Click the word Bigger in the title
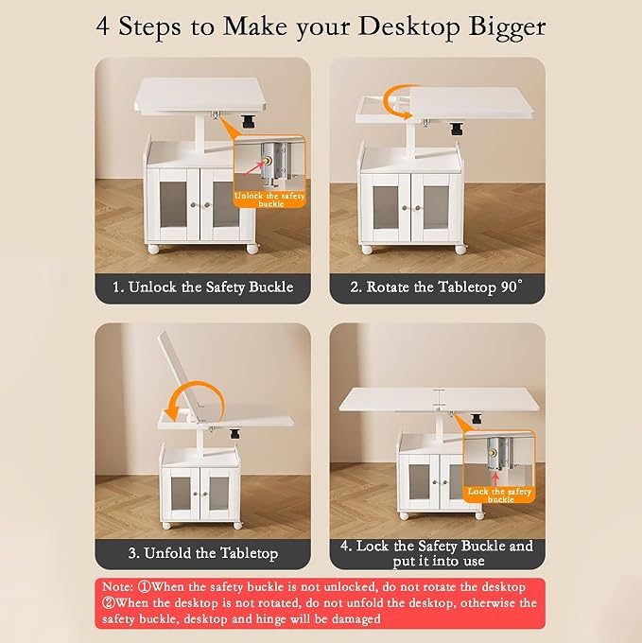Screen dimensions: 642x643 (507, 27)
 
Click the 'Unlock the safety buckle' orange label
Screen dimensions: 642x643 (269, 200)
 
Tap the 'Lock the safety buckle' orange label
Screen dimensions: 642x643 (499, 495)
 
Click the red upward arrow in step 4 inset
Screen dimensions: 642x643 (495, 479)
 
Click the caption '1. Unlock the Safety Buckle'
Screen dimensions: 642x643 (203, 287)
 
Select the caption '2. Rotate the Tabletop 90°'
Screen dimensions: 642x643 (437, 287)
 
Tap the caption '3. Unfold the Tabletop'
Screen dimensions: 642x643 (203, 553)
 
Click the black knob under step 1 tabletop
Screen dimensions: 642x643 (248, 121)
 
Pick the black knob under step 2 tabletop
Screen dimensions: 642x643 (456, 129)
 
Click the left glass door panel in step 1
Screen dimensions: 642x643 (173, 205)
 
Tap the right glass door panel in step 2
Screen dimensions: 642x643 (436, 207)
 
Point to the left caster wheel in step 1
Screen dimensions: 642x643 (153, 249)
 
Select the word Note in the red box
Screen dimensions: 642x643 (117, 587)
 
